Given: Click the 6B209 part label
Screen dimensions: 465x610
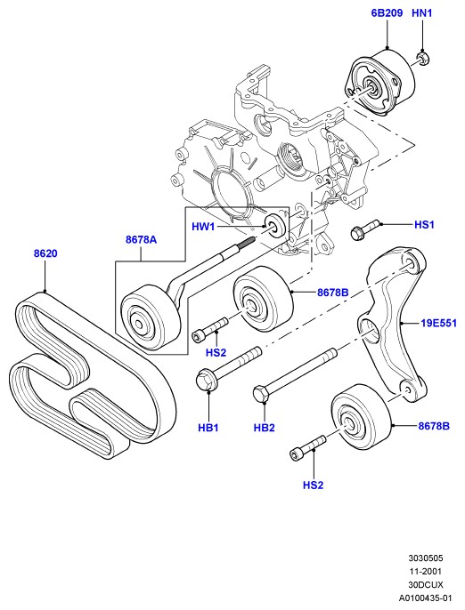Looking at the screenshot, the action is [387, 13].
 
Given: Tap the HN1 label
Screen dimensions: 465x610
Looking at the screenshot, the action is [421, 13].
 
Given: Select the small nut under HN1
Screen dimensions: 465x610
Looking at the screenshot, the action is [422, 60].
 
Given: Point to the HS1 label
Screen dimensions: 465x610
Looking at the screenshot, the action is [424, 225].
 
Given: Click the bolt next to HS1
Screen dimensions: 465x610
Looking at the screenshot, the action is [364, 230].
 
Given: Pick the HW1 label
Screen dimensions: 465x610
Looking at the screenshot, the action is [203, 227].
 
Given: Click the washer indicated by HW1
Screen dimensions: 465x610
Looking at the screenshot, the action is [276, 225].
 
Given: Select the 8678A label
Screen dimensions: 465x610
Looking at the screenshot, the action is [141, 240].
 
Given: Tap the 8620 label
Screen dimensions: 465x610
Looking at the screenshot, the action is [45, 253].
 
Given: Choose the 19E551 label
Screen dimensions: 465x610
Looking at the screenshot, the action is [438, 323].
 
